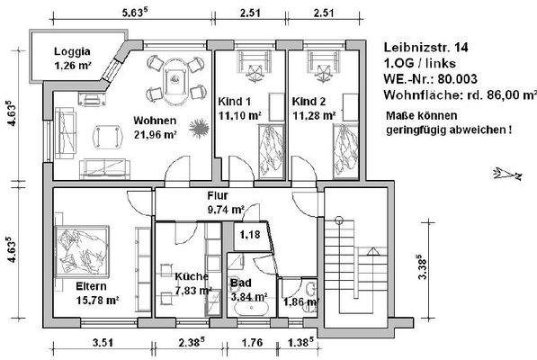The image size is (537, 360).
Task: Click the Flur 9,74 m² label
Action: (x=220, y=202)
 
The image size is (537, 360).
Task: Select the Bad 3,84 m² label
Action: (x=247, y=289)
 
